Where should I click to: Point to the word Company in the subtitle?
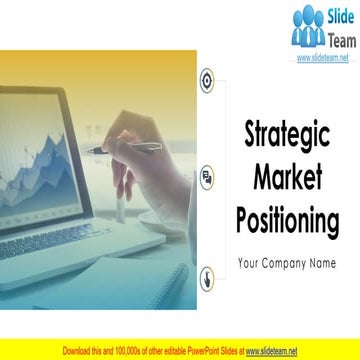pyautogui.click(x=287, y=264)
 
